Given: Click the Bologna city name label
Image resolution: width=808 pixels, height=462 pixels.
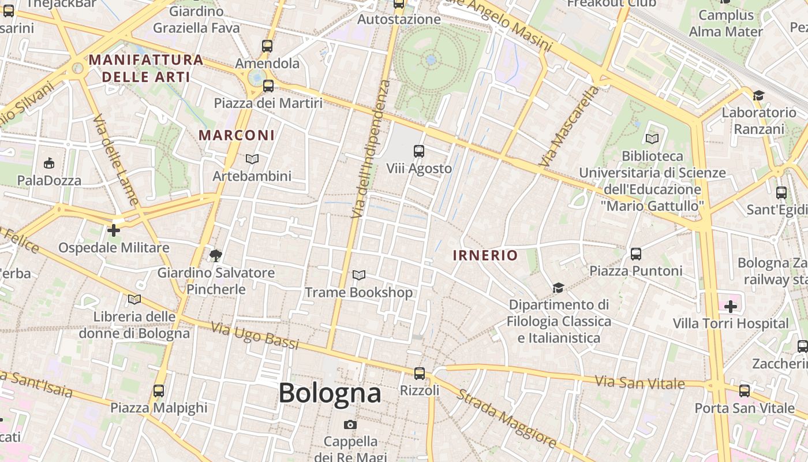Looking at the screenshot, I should click(x=330, y=393).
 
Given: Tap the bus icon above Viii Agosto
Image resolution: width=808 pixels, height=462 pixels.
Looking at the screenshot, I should click(x=419, y=151).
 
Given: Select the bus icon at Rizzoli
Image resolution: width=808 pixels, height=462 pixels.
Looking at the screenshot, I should click(x=420, y=373).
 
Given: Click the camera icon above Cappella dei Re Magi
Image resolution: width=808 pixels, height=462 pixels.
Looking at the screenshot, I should click(x=350, y=425).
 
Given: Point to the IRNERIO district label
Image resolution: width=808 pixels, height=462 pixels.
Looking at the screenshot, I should click(x=485, y=255).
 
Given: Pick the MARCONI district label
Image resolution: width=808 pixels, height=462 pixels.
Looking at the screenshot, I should click(x=237, y=135).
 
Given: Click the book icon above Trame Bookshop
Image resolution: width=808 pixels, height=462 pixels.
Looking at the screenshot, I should click(x=359, y=275).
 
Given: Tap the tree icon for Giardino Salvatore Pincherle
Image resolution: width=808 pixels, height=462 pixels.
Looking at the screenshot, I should click(x=216, y=255).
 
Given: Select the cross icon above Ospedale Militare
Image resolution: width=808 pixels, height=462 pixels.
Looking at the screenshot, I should click(x=114, y=230).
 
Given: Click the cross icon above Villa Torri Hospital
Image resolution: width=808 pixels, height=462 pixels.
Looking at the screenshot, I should click(x=731, y=306).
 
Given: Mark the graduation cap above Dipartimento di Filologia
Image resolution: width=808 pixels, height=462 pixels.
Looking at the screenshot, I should click(x=558, y=288).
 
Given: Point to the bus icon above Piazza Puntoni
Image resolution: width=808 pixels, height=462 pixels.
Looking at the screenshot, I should click(x=636, y=254).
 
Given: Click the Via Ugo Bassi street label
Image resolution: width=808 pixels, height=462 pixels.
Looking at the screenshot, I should click(x=255, y=336).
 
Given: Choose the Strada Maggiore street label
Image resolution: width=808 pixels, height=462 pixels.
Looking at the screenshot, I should click(x=507, y=419).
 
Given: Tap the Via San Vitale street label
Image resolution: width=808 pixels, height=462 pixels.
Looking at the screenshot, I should click(x=639, y=382).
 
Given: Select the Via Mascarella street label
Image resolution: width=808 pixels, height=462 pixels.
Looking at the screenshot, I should click(x=569, y=128).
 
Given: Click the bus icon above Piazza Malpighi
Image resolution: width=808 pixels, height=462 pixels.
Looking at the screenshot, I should click(x=159, y=390).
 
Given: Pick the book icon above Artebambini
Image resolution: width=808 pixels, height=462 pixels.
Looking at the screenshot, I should click(x=252, y=159).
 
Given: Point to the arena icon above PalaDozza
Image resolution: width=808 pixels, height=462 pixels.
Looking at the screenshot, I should click(x=49, y=163).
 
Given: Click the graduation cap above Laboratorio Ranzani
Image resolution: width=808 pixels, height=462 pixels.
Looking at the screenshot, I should click(x=758, y=95).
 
